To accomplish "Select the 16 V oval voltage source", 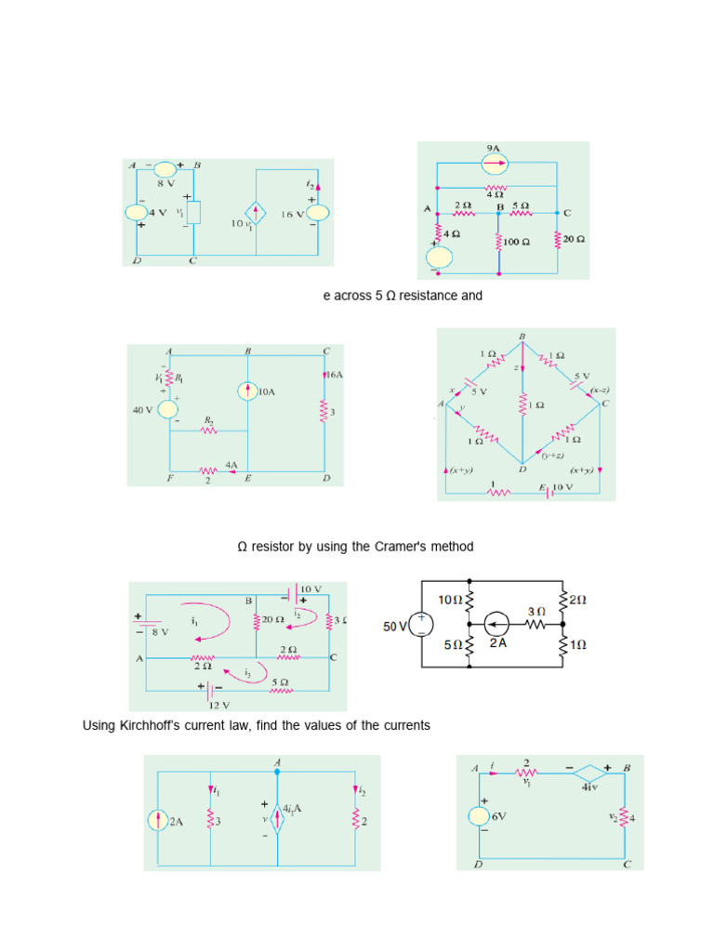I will tap(317, 213).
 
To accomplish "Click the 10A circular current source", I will tap(247, 392).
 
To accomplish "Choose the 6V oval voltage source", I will tap(481, 815).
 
